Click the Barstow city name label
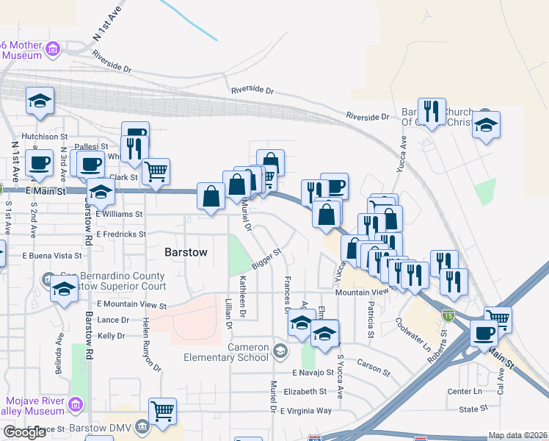(186, 251)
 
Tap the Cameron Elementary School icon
(279, 350)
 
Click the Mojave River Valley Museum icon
(76, 404)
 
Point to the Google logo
(24, 432)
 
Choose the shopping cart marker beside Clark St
(156, 171)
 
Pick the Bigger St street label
(268, 259)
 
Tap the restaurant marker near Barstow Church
(432, 111)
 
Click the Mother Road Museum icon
(52, 49)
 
